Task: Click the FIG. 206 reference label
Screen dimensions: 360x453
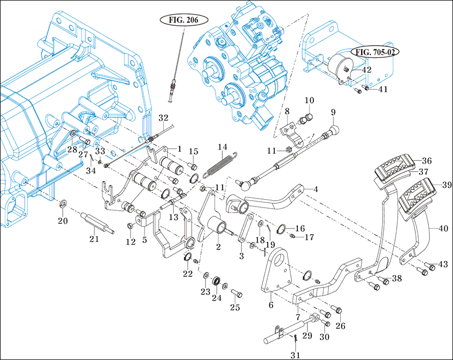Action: click(x=184, y=20)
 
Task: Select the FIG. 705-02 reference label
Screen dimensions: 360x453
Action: click(x=376, y=53)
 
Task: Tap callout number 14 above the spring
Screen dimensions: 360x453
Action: click(x=222, y=147)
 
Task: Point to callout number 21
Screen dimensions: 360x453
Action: click(x=94, y=239)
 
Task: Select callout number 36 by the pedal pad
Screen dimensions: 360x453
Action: click(x=426, y=160)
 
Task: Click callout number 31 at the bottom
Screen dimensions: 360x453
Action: click(x=295, y=355)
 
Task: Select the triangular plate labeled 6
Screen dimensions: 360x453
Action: click(x=276, y=279)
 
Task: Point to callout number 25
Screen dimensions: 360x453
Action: click(x=235, y=307)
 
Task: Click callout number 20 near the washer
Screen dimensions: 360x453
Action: click(x=63, y=221)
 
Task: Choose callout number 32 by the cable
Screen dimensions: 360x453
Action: click(x=163, y=117)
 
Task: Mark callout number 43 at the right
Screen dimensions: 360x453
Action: click(x=443, y=265)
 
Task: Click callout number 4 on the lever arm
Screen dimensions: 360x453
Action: click(x=316, y=189)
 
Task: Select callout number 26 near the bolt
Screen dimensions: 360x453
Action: click(x=340, y=326)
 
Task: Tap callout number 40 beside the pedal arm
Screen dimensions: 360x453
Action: click(x=443, y=229)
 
